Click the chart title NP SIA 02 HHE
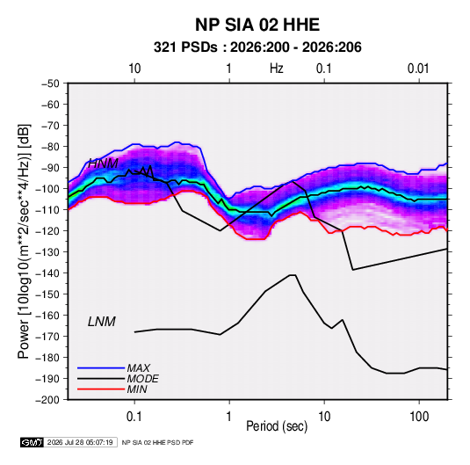click(x=257, y=25)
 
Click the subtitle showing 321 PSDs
click(x=257, y=47)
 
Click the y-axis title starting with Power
click(x=24, y=241)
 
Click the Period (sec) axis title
click(x=277, y=426)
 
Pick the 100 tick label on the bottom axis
click(x=419, y=417)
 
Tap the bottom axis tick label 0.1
click(x=134, y=417)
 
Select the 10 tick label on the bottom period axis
click(x=324, y=417)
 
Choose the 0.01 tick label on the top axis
click(x=418, y=69)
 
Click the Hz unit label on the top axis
click(x=277, y=69)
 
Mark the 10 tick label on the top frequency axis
click(x=134, y=69)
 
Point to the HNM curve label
click(x=103, y=163)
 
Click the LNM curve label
click(x=102, y=322)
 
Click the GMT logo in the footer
click(x=33, y=442)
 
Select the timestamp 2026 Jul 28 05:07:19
click(x=80, y=442)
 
